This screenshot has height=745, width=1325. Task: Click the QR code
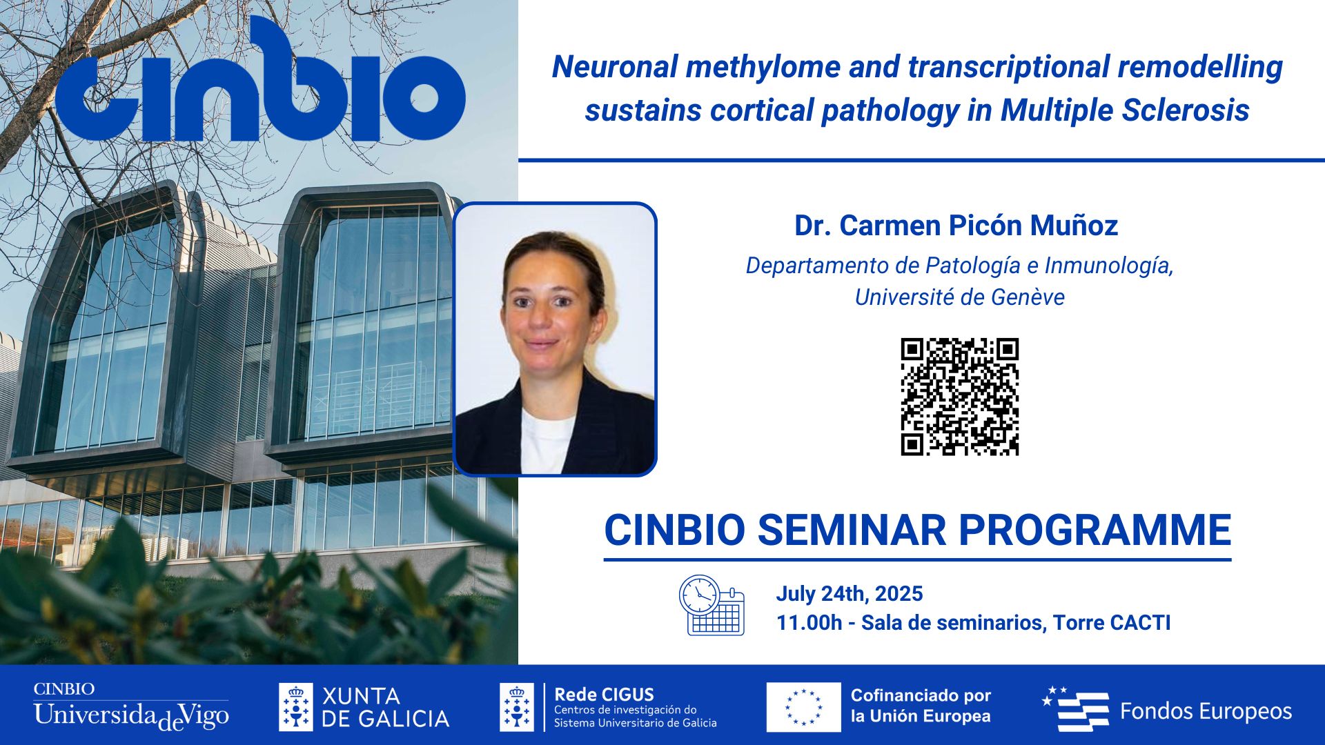(x=959, y=397)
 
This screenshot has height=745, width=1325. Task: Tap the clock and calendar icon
(x=711, y=605)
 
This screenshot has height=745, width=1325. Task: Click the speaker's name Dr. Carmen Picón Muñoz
(x=956, y=226)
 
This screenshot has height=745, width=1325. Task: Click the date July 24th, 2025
(x=849, y=594)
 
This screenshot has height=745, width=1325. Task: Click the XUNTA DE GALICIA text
(x=385, y=707)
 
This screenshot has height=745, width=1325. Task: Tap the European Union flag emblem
(x=803, y=707)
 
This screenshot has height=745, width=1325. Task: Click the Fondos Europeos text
(x=1205, y=711)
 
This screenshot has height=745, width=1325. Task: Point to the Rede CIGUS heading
(x=604, y=694)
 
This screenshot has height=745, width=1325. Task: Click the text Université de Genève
(x=959, y=297)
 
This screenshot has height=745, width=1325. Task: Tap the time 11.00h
(x=809, y=623)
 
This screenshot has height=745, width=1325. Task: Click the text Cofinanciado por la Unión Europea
(x=921, y=706)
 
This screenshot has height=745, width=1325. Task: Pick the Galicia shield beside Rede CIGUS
(x=516, y=707)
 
